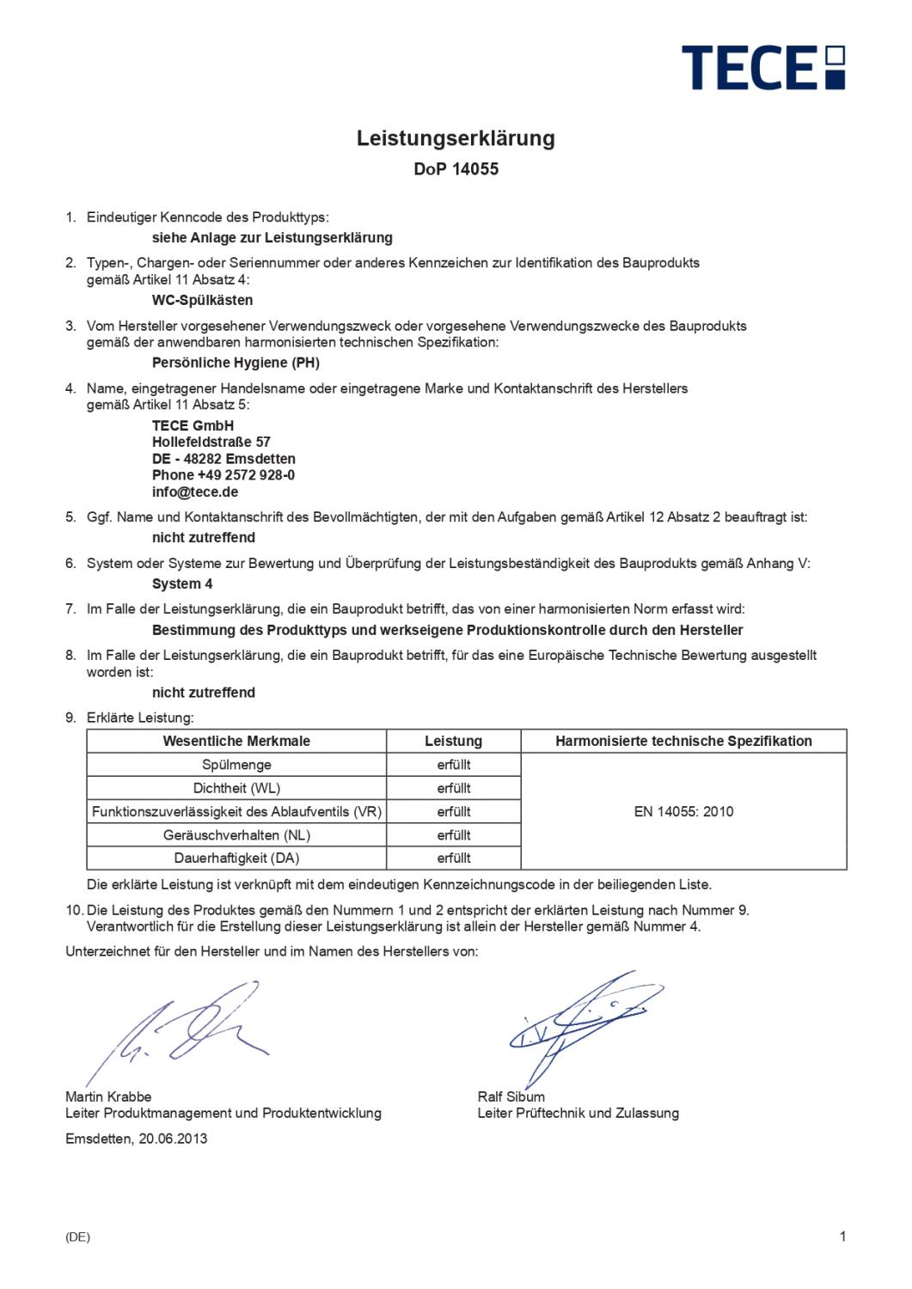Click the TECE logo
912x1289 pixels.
tap(763, 68)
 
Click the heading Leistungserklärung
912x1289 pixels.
tap(456, 138)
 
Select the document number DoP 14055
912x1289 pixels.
tap(456, 169)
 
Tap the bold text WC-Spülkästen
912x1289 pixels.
tap(202, 300)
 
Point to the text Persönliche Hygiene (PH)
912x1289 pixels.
tap(236, 363)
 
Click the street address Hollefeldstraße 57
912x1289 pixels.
tap(211, 442)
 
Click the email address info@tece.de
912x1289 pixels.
tap(195, 492)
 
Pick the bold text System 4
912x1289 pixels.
tap(182, 583)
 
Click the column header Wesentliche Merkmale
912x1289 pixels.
tap(236, 741)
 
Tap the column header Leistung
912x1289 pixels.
tap(453, 741)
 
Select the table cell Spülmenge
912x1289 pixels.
tap(236, 765)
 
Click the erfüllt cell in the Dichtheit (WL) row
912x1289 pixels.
tap(453, 788)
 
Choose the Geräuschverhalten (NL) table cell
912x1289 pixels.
tap(236, 834)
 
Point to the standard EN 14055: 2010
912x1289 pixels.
tap(683, 811)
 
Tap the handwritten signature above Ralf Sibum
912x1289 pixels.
tap(580, 1023)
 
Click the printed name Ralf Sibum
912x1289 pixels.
tap(511, 1097)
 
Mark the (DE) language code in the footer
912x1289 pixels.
tap(77, 1237)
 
